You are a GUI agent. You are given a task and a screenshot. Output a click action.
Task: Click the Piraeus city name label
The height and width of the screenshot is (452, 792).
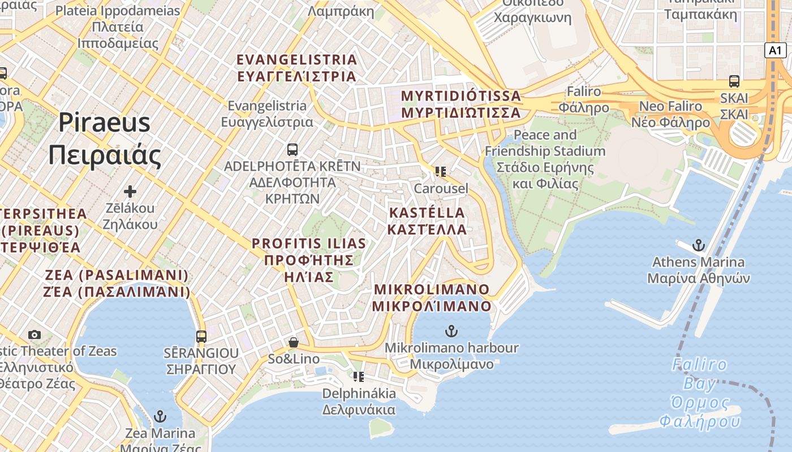pyautogui.click(x=105, y=138)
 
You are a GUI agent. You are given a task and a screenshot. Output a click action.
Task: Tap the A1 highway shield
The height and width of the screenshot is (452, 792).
pyautogui.click(x=776, y=50)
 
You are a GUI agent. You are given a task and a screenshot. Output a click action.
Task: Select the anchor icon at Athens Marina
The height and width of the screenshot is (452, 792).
pyautogui.click(x=699, y=245)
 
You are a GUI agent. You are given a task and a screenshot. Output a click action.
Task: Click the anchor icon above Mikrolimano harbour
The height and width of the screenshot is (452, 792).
pyautogui.click(x=451, y=331)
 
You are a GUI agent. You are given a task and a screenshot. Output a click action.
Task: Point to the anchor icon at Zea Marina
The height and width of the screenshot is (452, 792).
pyautogui.click(x=160, y=417)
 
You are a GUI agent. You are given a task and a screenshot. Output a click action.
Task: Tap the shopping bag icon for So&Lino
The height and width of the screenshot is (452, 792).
pyautogui.click(x=294, y=342)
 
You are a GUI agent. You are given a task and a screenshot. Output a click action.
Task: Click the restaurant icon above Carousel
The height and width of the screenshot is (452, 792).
pyautogui.click(x=441, y=171)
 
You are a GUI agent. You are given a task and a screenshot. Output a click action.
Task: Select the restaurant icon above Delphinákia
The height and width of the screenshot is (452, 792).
pyautogui.click(x=359, y=376)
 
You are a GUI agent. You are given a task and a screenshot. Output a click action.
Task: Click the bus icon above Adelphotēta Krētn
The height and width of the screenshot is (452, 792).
pyautogui.click(x=292, y=150)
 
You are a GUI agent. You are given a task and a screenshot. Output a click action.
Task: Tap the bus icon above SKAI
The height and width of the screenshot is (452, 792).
pyautogui.click(x=734, y=81)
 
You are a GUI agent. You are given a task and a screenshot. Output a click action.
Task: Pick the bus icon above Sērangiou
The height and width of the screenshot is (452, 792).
pyautogui.click(x=201, y=337)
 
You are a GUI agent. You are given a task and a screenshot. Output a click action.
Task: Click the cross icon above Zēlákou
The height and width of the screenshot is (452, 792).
pyautogui.click(x=130, y=192)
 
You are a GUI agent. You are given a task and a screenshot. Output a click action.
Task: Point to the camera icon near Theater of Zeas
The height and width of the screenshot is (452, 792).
pyautogui.click(x=35, y=334)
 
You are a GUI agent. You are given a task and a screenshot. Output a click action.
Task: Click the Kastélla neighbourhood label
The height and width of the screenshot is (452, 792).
pyautogui.click(x=427, y=221)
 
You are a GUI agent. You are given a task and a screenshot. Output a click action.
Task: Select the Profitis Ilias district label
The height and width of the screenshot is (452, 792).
pyautogui.click(x=309, y=260)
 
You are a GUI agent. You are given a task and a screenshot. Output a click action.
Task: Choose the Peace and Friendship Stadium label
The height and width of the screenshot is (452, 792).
pyautogui.click(x=545, y=159)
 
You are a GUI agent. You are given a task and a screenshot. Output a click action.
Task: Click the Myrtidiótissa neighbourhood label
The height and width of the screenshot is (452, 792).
pyautogui.click(x=460, y=104)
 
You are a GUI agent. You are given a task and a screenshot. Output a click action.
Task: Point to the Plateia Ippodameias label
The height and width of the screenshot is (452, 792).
pyautogui.click(x=118, y=27)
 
